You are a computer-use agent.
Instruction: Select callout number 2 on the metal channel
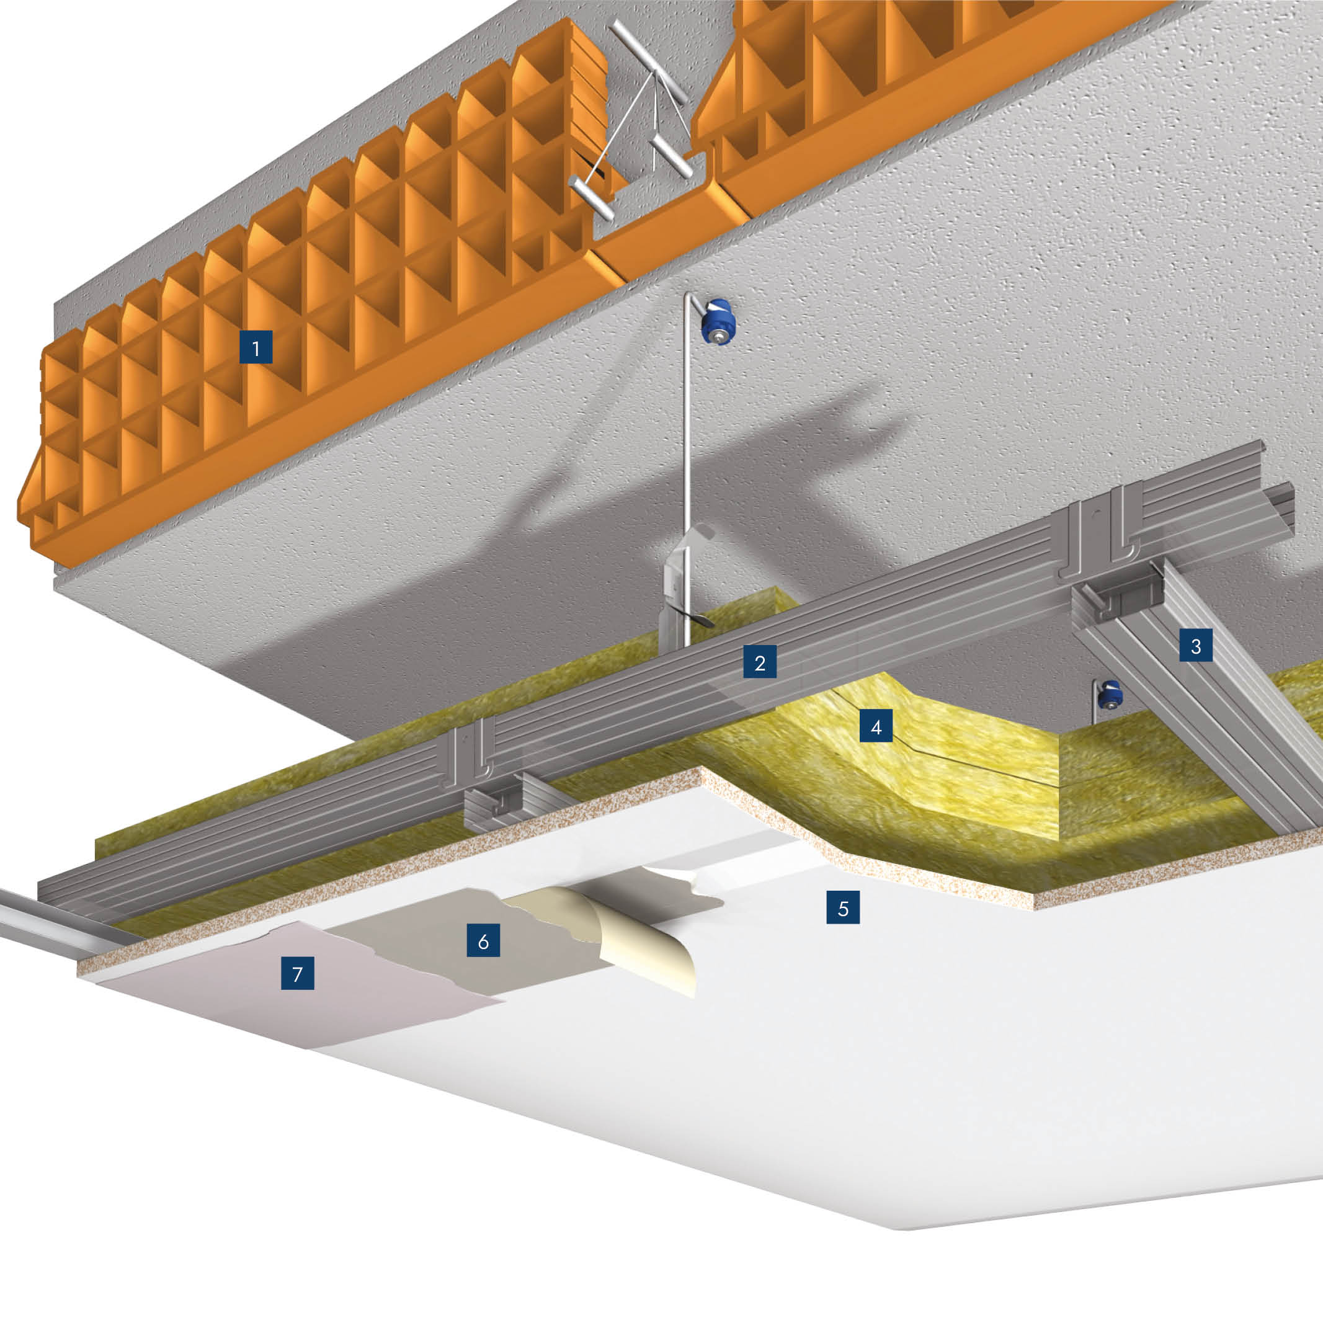(760, 661)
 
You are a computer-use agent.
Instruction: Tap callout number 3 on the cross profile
(1196, 645)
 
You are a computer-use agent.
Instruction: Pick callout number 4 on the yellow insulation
(876, 726)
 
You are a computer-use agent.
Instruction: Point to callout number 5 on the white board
(843, 907)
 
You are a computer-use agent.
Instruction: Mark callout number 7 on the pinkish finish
(298, 973)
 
